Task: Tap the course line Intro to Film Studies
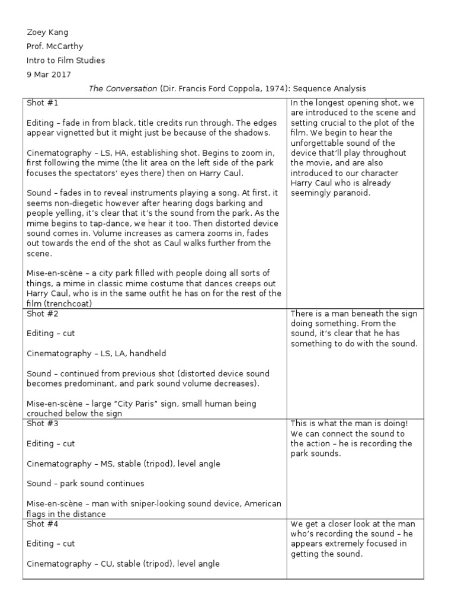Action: click(66, 60)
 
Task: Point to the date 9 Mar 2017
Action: click(49, 74)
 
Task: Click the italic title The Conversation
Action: click(122, 88)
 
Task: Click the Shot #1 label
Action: click(43, 102)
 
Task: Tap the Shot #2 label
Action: click(43, 314)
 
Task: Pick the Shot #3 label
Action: click(43, 424)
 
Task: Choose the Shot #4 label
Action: click(43, 524)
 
